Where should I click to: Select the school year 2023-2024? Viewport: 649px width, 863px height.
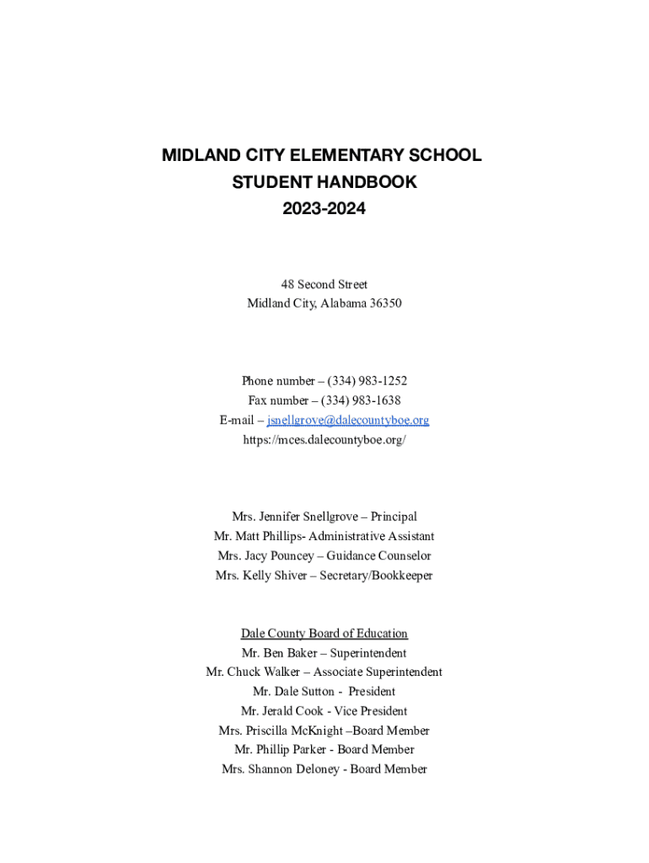[324, 208]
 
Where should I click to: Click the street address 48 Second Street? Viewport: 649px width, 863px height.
[324, 285]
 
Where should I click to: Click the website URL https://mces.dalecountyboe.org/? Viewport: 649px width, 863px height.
[324, 439]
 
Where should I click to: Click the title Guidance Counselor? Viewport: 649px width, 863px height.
[378, 556]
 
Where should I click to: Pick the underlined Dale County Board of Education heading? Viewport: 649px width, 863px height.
[324, 634]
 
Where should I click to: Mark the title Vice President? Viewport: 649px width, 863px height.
[371, 711]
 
